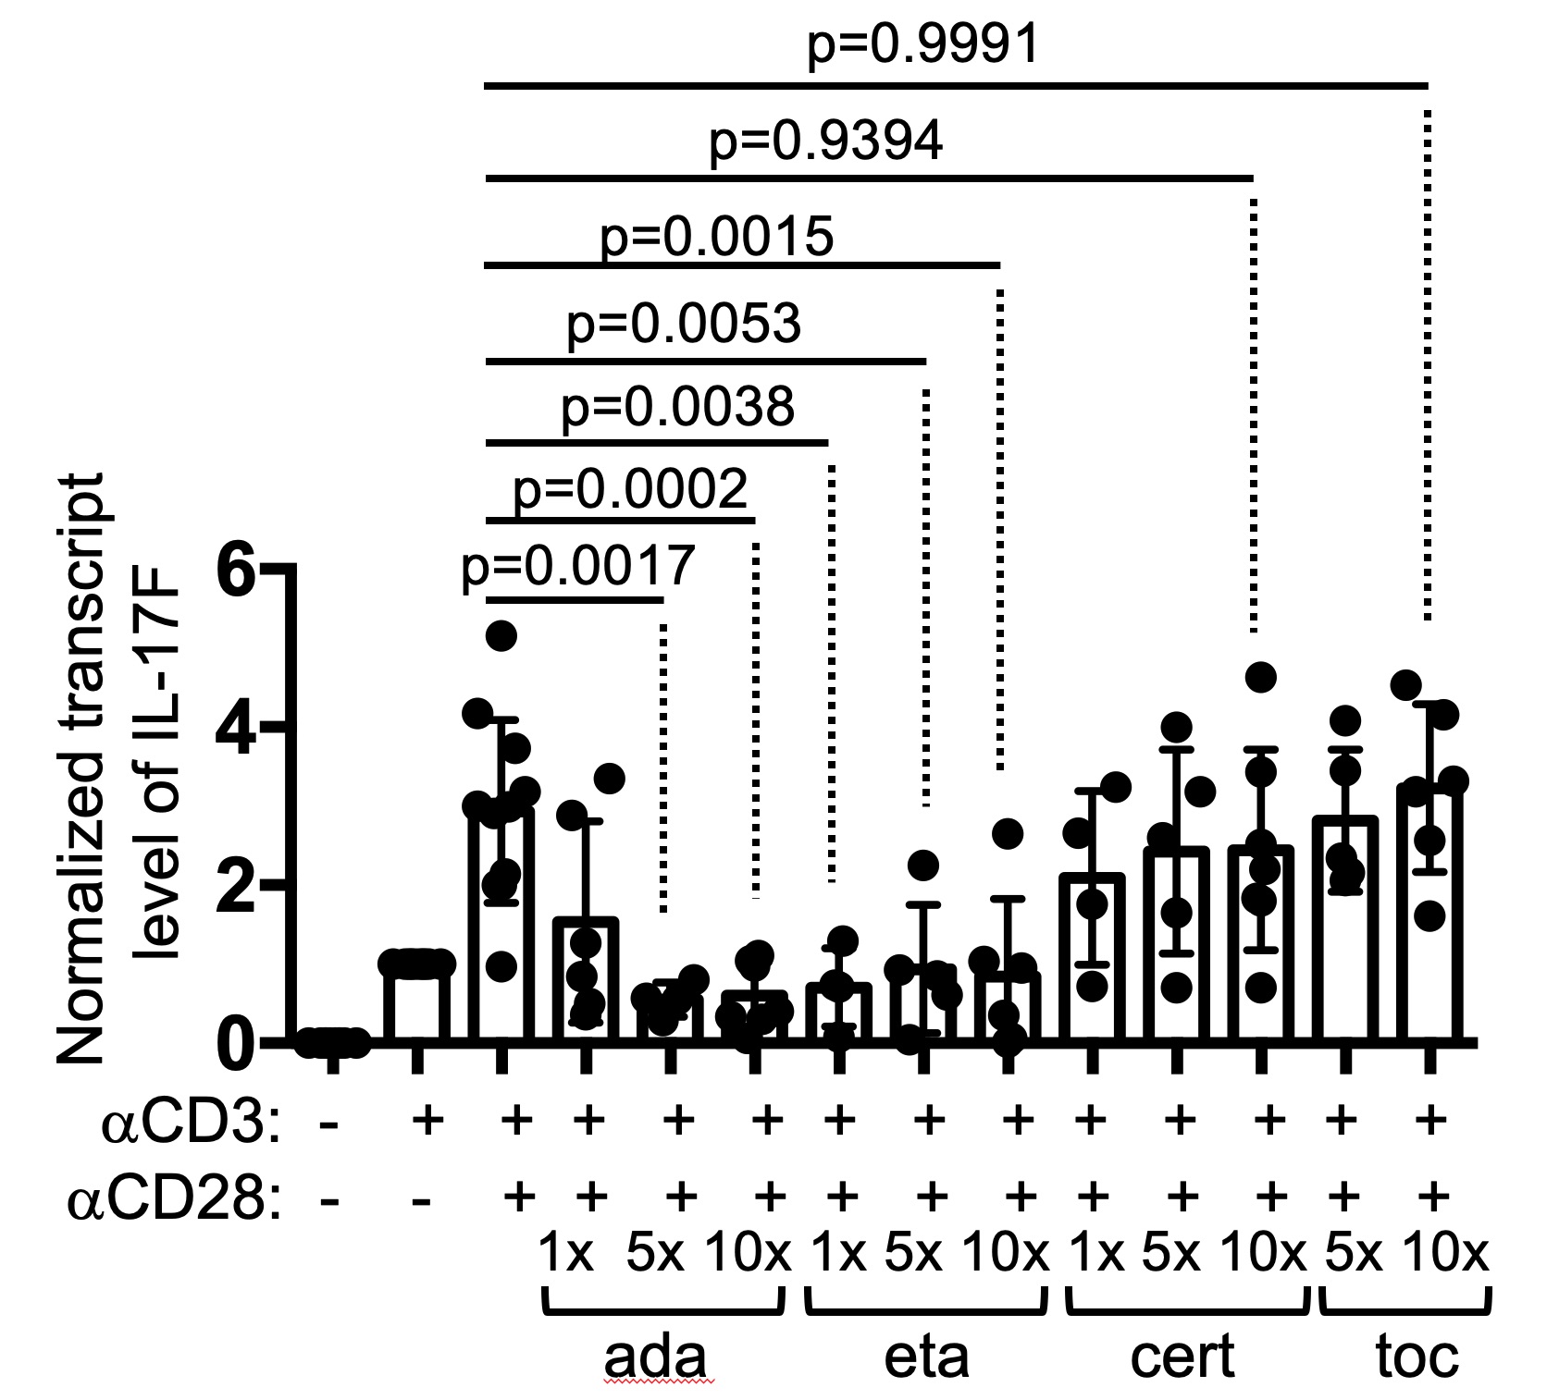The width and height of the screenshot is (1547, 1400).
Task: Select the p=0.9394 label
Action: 825,142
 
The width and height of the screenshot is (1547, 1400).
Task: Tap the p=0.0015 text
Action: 717,237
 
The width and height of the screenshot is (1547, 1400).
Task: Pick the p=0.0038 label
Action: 677,407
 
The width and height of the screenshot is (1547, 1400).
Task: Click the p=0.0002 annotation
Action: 630,489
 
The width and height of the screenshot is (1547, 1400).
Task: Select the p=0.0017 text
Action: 578,566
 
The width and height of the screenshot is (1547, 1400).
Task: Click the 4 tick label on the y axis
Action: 236,729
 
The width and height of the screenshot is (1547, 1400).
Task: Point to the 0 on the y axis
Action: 236,1044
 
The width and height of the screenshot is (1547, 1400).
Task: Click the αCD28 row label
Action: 173,1200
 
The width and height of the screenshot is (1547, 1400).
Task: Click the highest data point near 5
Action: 501,635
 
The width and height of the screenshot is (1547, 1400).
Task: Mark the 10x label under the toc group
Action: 1446,1254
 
